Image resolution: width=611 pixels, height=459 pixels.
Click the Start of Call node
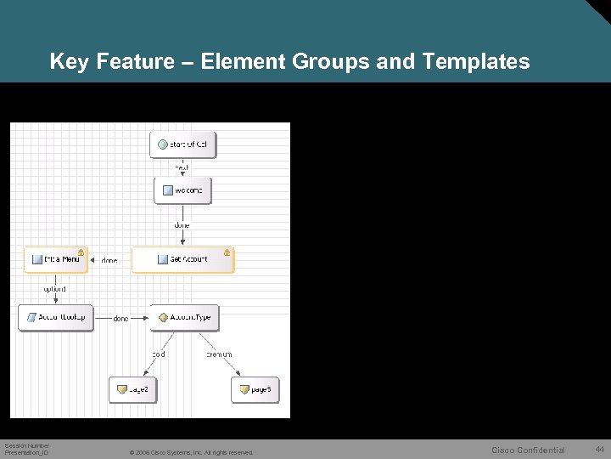[182, 145]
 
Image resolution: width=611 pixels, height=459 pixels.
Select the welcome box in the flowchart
[182, 190]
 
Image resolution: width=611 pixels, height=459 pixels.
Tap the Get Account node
[182, 259]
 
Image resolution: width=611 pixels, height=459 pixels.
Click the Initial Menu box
[55, 259]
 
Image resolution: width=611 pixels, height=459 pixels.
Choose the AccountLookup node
[56, 317]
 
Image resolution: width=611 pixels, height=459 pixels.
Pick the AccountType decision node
[184, 317]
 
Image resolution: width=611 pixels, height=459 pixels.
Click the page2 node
[133, 389]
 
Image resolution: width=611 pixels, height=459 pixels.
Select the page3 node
[255, 389]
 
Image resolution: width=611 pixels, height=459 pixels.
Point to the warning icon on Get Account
[227, 252]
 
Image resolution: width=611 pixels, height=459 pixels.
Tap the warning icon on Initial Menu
[81, 252]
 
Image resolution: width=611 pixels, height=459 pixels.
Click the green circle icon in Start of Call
[162, 145]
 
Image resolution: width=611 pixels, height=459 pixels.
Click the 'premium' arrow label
[219, 354]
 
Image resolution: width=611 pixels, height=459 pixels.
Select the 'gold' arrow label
[159, 354]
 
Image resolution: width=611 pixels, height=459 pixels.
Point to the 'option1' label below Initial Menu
[54, 289]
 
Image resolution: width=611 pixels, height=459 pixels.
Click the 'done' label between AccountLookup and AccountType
[121, 318]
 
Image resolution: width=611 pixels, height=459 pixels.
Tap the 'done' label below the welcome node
[182, 225]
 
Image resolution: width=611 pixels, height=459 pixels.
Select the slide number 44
[599, 449]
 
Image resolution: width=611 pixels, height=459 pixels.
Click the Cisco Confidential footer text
[528, 450]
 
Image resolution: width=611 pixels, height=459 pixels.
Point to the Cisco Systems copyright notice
[191, 452]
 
